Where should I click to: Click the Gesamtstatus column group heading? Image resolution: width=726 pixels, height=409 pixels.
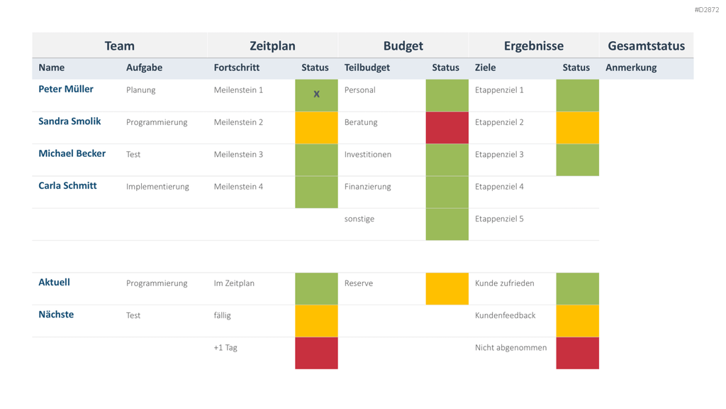(646, 46)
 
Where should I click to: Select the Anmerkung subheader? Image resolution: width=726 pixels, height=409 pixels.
(630, 67)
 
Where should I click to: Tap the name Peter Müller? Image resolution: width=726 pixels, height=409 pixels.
(66, 89)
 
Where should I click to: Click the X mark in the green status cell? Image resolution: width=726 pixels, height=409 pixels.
(316, 94)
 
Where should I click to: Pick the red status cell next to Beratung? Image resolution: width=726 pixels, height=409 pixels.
(447, 128)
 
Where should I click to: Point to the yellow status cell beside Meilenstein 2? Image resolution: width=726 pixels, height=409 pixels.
(316, 128)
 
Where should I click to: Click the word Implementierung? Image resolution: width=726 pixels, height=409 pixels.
(157, 187)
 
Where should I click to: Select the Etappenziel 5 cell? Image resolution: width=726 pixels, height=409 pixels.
(499, 219)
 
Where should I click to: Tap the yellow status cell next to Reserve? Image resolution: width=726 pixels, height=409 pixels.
(447, 288)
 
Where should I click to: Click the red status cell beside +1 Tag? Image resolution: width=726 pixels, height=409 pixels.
(316, 353)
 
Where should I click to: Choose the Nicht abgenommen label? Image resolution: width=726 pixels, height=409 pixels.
(510, 348)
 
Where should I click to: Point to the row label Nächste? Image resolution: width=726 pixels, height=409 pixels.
(56, 315)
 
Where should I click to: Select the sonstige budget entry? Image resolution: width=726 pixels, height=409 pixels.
(359, 219)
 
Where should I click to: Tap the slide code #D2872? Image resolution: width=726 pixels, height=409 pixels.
(707, 10)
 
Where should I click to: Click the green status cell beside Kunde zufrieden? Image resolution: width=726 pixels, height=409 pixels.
(577, 288)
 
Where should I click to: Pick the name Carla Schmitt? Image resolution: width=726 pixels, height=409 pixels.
(67, 185)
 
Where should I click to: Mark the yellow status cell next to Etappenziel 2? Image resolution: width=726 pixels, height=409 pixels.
(577, 128)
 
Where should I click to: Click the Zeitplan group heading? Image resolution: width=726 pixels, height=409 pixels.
(272, 46)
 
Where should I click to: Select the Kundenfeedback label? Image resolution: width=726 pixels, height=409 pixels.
(505, 315)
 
